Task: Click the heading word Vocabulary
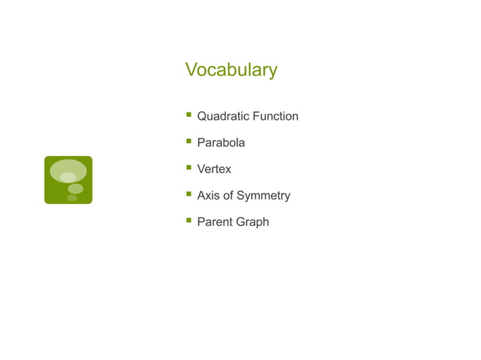(231, 70)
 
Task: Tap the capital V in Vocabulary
(191, 69)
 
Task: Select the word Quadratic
(223, 117)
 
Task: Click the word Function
(275, 116)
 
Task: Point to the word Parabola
(221, 142)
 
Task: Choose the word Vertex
(214, 169)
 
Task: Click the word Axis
(207, 196)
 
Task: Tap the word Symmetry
(263, 196)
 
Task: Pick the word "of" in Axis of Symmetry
(228, 196)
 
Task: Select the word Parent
(214, 222)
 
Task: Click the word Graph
(252, 222)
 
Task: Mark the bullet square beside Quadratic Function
(188, 115)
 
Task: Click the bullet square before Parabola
(188, 141)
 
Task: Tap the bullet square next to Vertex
(188, 168)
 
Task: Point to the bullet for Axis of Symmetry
(188, 194)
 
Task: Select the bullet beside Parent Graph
(188, 221)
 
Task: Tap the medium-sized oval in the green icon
(75, 188)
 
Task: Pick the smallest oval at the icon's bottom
(72, 198)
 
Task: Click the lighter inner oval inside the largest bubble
(68, 177)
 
